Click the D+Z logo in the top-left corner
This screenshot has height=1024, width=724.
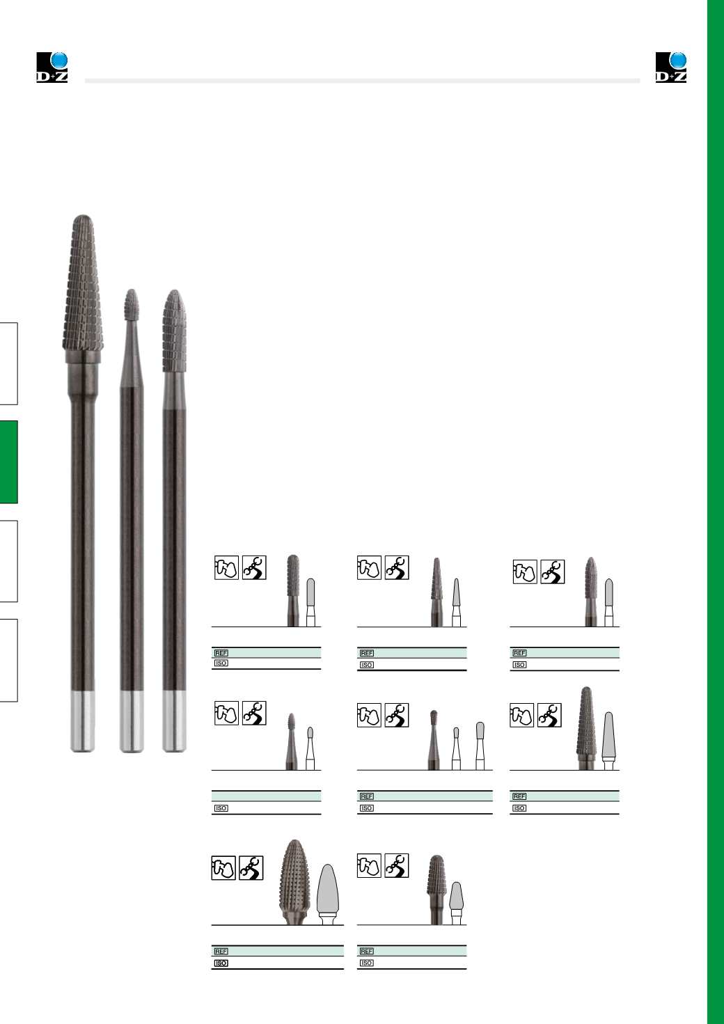[52, 68]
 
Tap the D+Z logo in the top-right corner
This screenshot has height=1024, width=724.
[671, 68]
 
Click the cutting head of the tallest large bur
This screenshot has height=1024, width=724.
[83, 283]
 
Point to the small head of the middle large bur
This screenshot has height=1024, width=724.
[132, 304]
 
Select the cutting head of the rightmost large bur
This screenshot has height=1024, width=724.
[174, 331]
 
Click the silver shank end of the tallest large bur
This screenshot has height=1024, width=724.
[83, 721]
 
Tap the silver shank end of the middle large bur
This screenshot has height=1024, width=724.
[132, 721]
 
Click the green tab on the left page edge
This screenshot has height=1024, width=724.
[8, 462]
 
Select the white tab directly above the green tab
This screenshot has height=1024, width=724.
[8, 363]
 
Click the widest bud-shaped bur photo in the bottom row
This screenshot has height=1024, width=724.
[294, 882]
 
